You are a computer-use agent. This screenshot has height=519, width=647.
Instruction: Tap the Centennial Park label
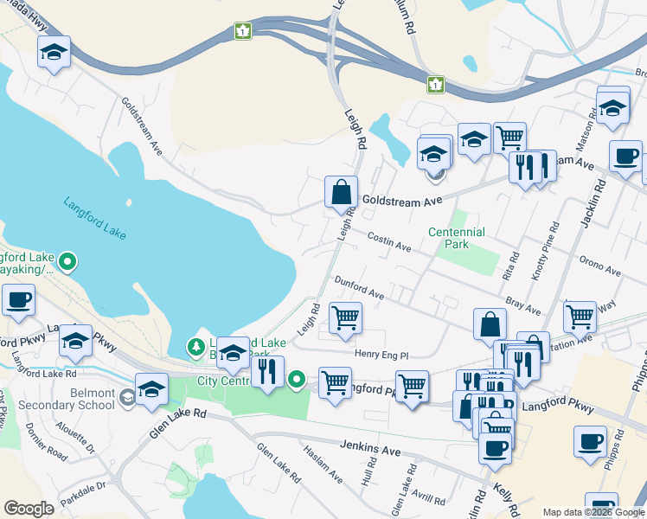click(x=456, y=238)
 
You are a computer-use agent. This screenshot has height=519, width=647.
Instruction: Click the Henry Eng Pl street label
click(x=381, y=354)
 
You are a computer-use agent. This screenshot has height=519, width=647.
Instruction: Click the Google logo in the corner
click(x=29, y=509)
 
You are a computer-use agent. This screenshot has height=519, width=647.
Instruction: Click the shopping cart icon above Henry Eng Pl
click(x=345, y=317)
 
